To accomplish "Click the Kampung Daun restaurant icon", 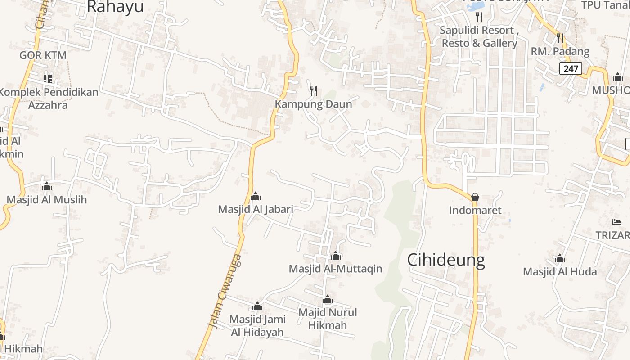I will (314, 91).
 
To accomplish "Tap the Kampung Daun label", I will (313, 104).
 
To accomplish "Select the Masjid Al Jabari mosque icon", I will (256, 196).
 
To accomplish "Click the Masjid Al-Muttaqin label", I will (335, 269).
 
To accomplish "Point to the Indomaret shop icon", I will (475, 197).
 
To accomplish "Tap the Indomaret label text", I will (475, 210).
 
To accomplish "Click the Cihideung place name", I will (446, 260).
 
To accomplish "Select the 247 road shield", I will (571, 68).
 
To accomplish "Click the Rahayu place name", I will (115, 7).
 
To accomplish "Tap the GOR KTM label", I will (43, 55).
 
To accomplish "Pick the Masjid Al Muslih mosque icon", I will (47, 186).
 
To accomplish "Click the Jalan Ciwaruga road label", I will (225, 291).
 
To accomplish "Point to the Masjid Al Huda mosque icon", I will (560, 259).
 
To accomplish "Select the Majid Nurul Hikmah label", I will (328, 319).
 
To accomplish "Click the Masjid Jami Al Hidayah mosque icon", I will (257, 306).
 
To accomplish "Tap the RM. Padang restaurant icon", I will (560, 38).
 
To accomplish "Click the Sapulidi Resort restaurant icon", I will (479, 17).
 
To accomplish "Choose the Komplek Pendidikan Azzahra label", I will (48, 99).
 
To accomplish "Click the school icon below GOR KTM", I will (48, 79).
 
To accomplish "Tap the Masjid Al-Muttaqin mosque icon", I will (336, 256).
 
